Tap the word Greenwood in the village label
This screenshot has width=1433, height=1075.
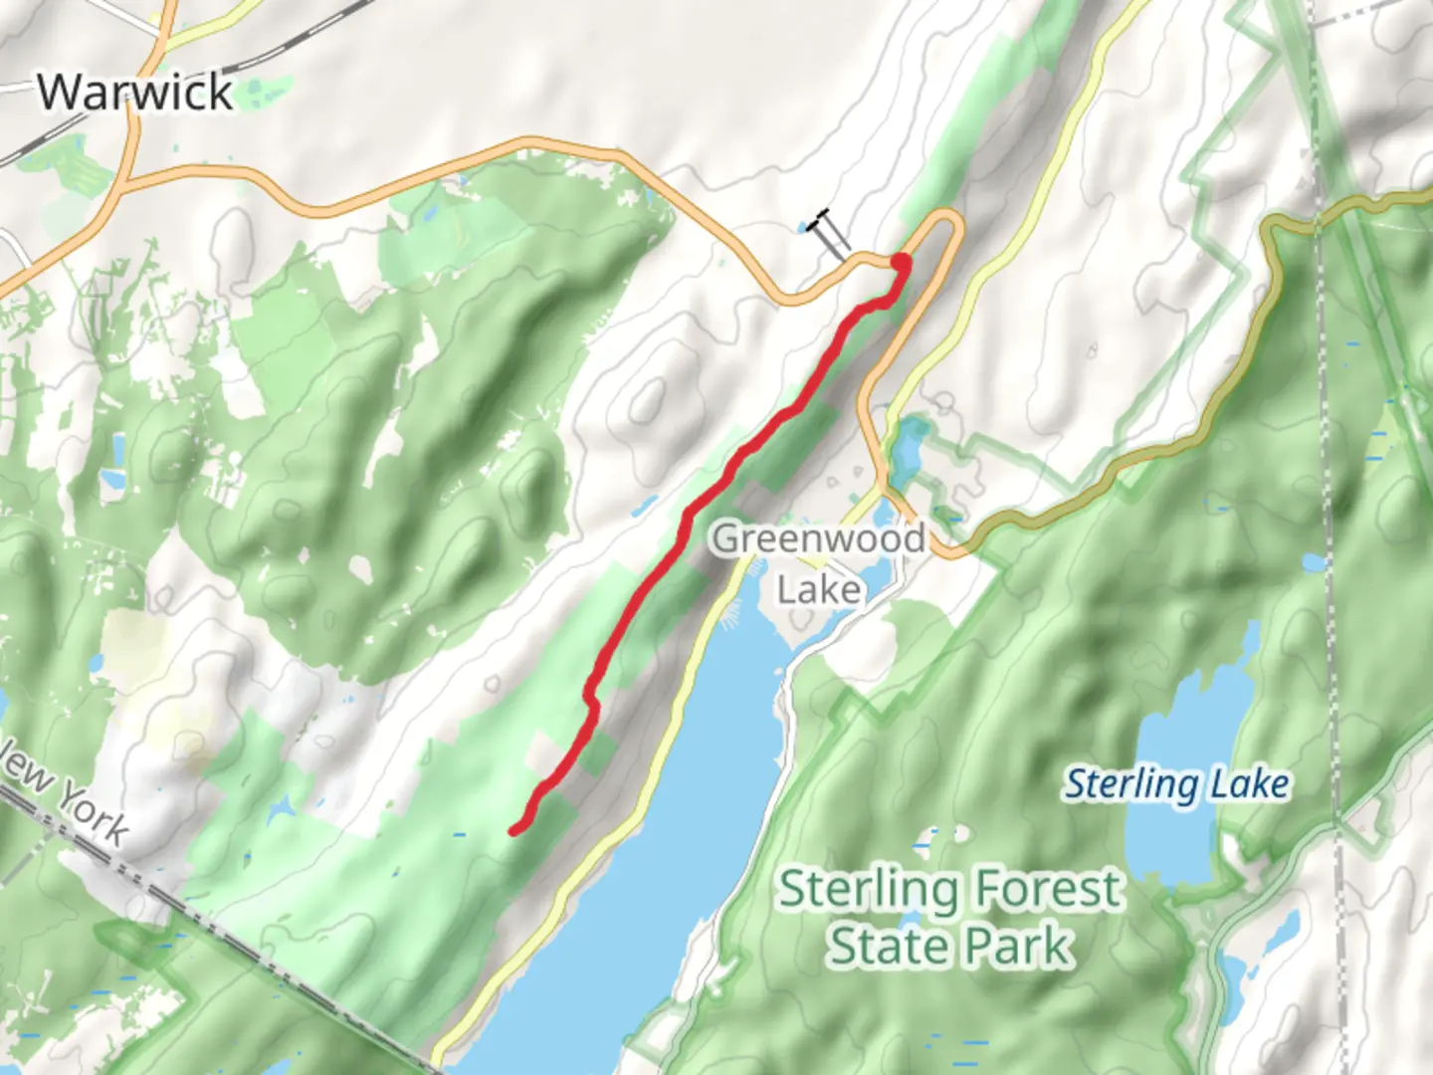(818, 538)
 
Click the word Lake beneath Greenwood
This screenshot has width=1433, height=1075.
(818, 590)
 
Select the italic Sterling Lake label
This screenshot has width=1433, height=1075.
(1177, 784)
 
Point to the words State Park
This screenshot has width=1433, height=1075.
(950, 946)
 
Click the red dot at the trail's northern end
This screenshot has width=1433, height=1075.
(900, 263)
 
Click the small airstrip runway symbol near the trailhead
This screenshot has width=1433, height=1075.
(830, 231)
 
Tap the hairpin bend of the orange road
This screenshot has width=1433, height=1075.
(950, 224)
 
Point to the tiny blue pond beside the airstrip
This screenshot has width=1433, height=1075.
(802, 229)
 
